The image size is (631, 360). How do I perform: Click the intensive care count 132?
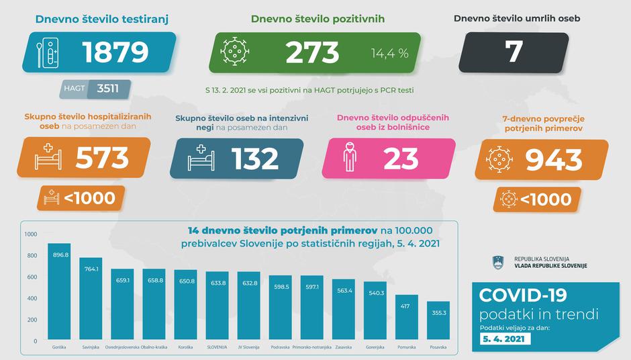(256, 159)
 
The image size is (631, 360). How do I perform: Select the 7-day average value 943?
(554, 159)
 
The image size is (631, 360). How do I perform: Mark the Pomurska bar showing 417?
(407, 318)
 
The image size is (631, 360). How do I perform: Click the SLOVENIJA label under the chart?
(217, 348)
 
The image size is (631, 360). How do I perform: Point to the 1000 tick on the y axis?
(31, 234)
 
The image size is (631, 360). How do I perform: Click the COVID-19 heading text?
(523, 296)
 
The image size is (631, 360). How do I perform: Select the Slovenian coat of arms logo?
(498, 262)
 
